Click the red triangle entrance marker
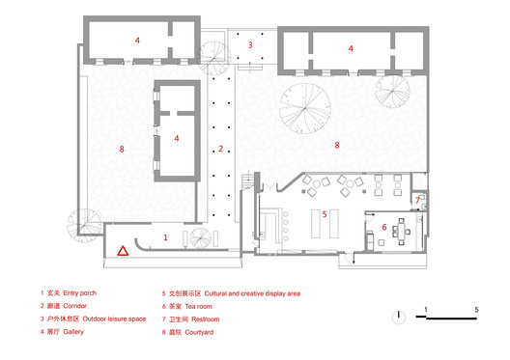tap(123, 251)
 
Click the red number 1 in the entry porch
tap(165, 236)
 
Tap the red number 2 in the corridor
tap(221, 149)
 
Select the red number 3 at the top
tap(249, 44)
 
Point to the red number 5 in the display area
tap(326, 214)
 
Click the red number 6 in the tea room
tap(383, 228)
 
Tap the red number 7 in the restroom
tap(417, 201)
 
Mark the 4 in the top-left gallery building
tap(137, 41)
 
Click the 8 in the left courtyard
tap(122, 149)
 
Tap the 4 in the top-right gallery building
tap(351, 47)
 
